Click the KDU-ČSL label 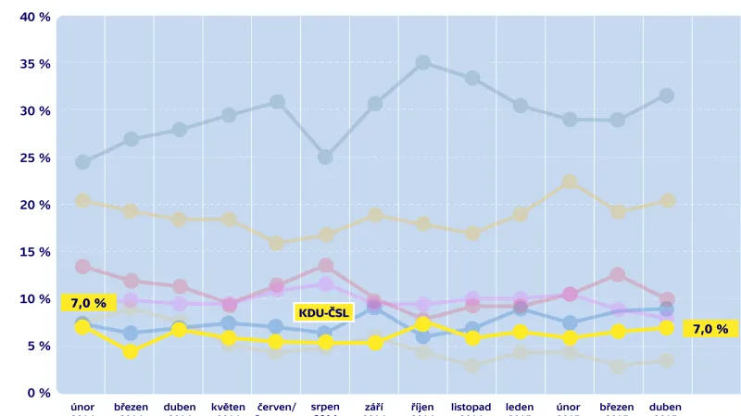pyautogui.click(x=323, y=312)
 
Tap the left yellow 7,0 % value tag pyautogui.click(x=88, y=302)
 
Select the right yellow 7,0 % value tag pyautogui.click(x=710, y=328)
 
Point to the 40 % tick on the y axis pyautogui.click(x=34, y=17)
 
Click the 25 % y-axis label pyautogui.click(x=34, y=158)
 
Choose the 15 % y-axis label pyautogui.click(x=34, y=252)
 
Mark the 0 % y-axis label pyautogui.click(x=38, y=393)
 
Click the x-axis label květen pyautogui.click(x=228, y=407)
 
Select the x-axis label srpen pyautogui.click(x=325, y=407)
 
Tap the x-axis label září pyautogui.click(x=374, y=407)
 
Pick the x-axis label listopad pyautogui.click(x=471, y=407)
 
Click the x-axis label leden pyautogui.click(x=520, y=407)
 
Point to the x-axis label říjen pyautogui.click(x=422, y=407)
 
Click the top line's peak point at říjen pyautogui.click(x=422, y=63)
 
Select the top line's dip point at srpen pyautogui.click(x=325, y=157)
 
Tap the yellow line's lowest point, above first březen pyautogui.click(x=131, y=351)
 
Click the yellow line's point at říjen pyautogui.click(x=422, y=323)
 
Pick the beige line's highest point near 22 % pyautogui.click(x=570, y=183)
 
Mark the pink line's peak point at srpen pyautogui.click(x=325, y=266)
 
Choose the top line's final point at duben pyautogui.click(x=666, y=95)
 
